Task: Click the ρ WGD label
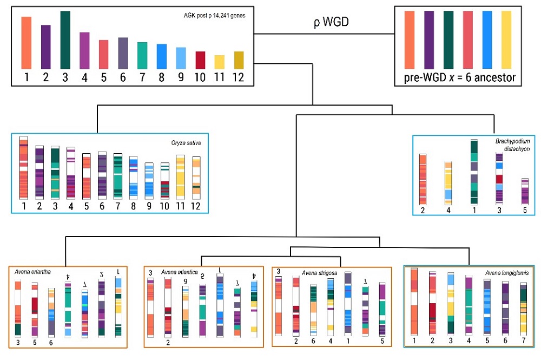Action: coord(331,22)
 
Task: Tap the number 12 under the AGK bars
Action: coord(239,77)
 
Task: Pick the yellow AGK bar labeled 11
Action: coord(219,61)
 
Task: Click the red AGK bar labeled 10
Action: coord(200,59)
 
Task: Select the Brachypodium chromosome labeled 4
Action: coord(448,182)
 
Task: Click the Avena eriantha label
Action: coord(33,272)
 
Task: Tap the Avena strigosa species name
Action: coord(320,273)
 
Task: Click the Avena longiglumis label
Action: coord(507,273)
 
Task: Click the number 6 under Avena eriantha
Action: coord(51,343)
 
